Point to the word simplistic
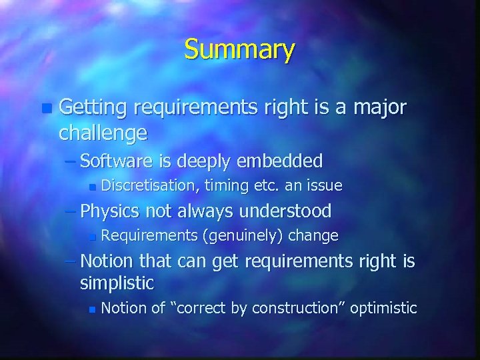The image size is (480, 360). (117, 283)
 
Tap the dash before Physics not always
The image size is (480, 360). (70, 212)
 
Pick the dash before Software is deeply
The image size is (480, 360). (70, 161)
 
